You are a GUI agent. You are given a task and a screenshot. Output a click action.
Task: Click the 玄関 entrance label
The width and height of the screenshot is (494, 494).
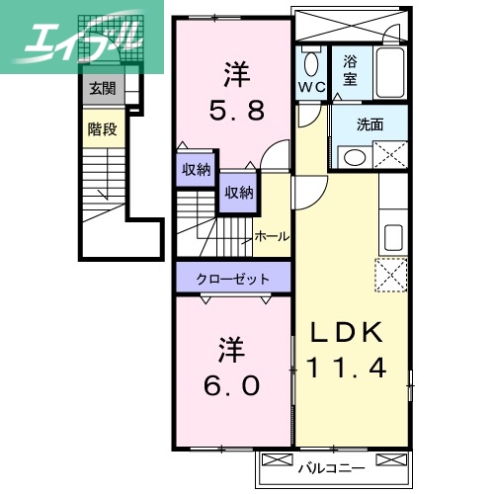(x=102, y=89)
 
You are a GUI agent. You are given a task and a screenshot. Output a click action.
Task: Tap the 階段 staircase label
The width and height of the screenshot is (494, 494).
(x=102, y=128)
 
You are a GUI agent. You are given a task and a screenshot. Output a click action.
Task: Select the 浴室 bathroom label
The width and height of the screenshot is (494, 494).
(x=350, y=69)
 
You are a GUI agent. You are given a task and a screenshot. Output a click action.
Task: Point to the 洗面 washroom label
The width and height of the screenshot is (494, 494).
(x=370, y=124)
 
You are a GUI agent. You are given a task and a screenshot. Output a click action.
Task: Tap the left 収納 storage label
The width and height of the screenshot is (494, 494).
(x=196, y=169)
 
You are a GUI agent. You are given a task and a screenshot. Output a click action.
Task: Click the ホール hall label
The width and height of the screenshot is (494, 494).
(x=272, y=236)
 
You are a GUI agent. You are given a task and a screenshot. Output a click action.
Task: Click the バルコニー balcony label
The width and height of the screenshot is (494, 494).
(x=334, y=468)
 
